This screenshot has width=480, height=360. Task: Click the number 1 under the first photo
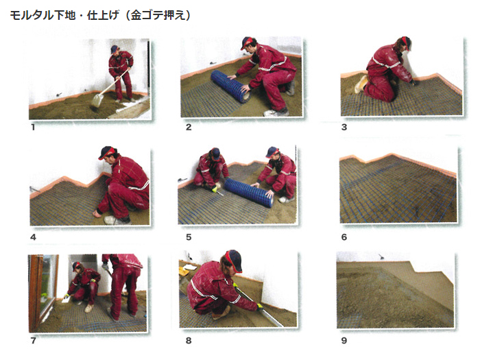[33, 127]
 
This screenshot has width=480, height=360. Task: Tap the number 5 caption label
[189, 237]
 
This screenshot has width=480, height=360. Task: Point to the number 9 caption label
[344, 340]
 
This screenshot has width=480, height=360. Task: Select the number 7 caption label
[34, 340]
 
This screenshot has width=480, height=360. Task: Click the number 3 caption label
[344, 127]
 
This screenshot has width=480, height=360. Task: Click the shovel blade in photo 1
[96, 100]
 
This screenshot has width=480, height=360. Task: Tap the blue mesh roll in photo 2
[230, 86]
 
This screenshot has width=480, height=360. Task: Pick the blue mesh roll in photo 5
[249, 193]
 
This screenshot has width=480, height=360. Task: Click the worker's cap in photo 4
[107, 152]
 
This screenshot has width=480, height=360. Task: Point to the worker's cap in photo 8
[234, 260]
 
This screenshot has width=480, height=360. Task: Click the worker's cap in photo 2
[248, 43]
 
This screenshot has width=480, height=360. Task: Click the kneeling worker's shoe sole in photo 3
[360, 84]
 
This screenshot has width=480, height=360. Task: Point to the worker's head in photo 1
[115, 49]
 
